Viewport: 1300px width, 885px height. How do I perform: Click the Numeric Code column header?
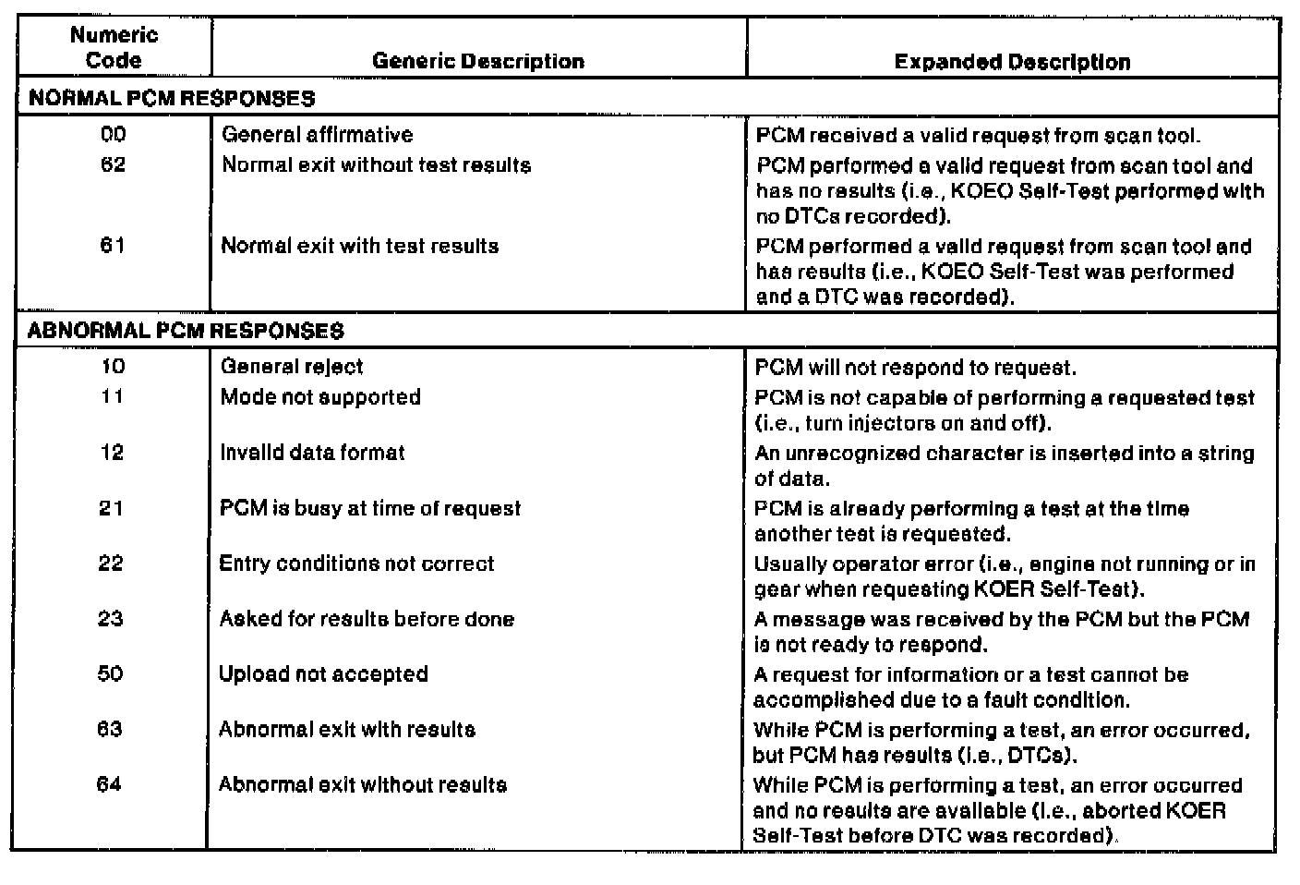click(114, 48)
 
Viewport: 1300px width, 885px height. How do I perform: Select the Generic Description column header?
click(478, 61)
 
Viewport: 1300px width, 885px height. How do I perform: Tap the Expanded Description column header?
click(1012, 62)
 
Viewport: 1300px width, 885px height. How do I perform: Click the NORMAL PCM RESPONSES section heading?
click(172, 98)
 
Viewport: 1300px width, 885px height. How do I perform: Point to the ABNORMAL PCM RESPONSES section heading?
click(186, 331)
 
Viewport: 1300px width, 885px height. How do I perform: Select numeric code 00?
click(114, 135)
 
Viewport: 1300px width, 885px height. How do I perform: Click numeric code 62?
click(114, 165)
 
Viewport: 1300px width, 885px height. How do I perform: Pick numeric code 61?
click(113, 246)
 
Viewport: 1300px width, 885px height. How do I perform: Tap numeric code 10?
click(113, 367)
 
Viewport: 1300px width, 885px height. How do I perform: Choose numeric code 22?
click(111, 564)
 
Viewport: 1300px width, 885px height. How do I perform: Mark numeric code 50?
click(110, 673)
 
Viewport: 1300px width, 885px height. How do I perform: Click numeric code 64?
click(109, 784)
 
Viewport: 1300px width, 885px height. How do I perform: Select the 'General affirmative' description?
click(317, 135)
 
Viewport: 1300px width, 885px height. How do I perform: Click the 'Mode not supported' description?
click(320, 397)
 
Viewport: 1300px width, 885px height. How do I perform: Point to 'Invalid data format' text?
click(312, 453)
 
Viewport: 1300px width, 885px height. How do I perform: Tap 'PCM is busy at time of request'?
click(369, 508)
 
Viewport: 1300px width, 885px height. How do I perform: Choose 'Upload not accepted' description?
click(323, 673)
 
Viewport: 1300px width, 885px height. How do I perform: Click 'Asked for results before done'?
click(367, 619)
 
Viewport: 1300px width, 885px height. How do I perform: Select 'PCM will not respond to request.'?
click(915, 368)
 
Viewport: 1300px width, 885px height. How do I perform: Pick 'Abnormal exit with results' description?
click(347, 729)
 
